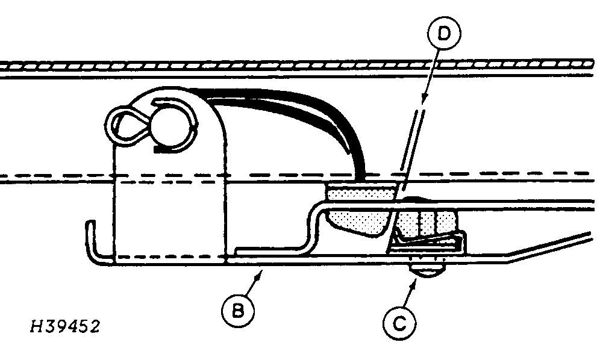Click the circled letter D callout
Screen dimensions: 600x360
(x=444, y=36)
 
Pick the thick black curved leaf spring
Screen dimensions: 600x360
(x=313, y=120)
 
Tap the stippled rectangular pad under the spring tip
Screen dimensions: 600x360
(x=360, y=192)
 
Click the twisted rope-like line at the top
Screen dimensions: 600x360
(x=301, y=64)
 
